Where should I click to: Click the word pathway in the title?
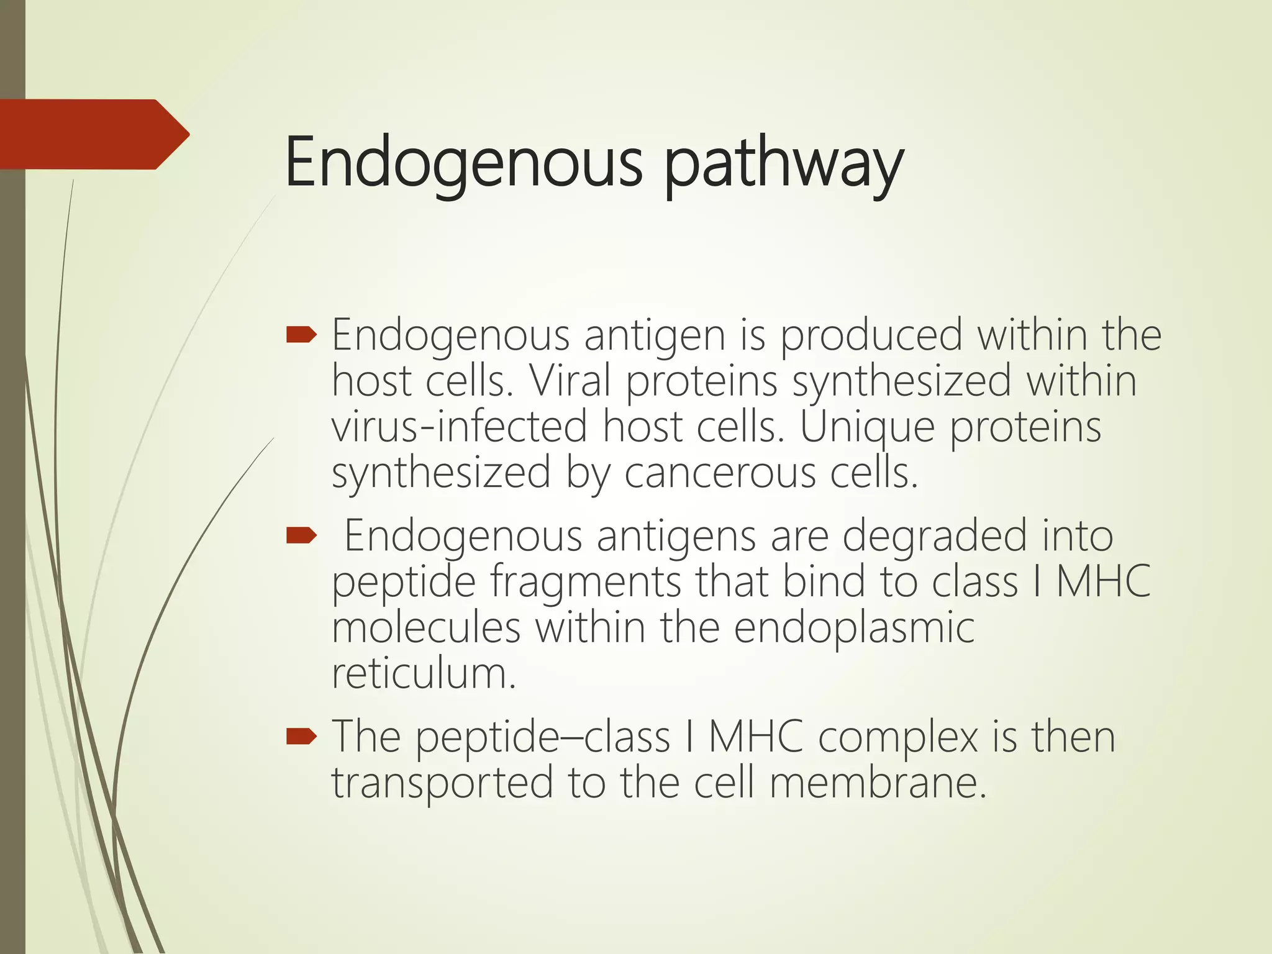pyautogui.click(x=784, y=165)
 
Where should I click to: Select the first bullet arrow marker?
pyautogui.click(x=302, y=336)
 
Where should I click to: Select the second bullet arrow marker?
pyautogui.click(x=302, y=535)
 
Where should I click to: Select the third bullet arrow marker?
pyautogui.click(x=302, y=737)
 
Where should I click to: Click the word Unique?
pyautogui.click(x=866, y=429)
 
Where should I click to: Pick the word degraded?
pyautogui.click(x=934, y=536)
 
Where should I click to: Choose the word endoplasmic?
pyautogui.click(x=854, y=629)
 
